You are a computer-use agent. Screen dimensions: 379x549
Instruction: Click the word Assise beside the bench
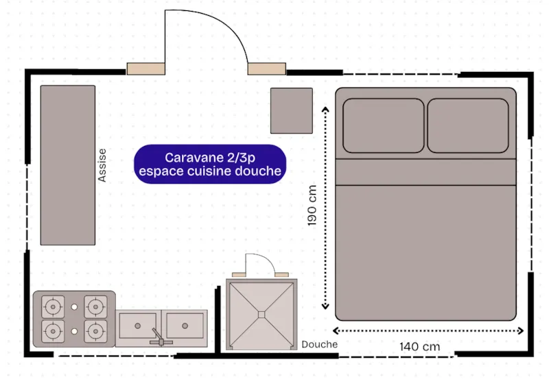[x=103, y=165]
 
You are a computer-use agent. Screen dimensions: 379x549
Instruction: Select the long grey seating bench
[x=67, y=165]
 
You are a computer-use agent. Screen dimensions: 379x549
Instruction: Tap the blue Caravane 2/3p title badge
[x=209, y=164]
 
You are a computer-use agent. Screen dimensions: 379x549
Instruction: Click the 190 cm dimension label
[x=313, y=206]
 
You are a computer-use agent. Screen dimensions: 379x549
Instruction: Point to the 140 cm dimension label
[x=419, y=346]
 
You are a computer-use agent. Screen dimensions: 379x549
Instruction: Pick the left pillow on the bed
[x=384, y=125]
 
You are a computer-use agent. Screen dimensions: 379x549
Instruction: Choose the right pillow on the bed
[x=468, y=125]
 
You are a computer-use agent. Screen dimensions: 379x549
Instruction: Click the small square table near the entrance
[x=291, y=110]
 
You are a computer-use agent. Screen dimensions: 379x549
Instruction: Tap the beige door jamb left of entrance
[x=145, y=68]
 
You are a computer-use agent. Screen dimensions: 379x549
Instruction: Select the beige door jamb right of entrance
[x=267, y=68]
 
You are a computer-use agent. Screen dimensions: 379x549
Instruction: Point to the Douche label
[x=319, y=344]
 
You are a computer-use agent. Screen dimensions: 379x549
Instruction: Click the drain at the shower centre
[x=261, y=315]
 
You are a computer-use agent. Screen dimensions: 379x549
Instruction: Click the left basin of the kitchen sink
[x=138, y=325]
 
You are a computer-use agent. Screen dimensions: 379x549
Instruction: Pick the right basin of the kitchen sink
[x=185, y=325]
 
